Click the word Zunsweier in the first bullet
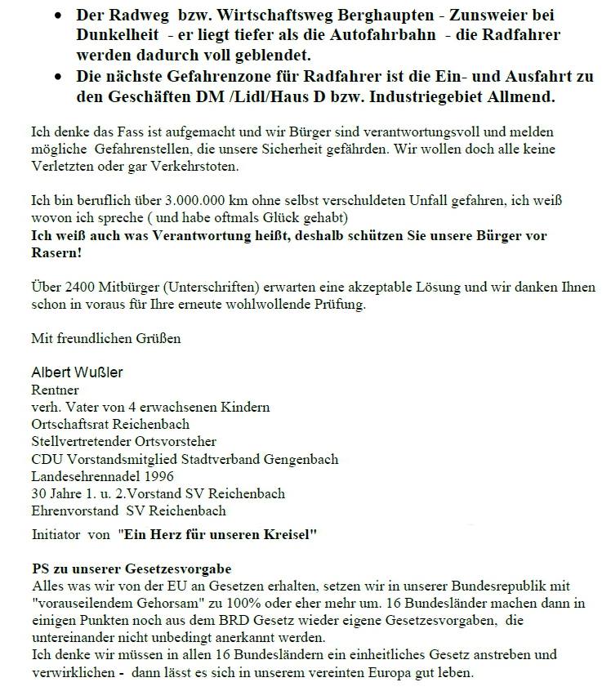487,16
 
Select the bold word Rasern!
56,254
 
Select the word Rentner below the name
55,390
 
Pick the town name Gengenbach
297,459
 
